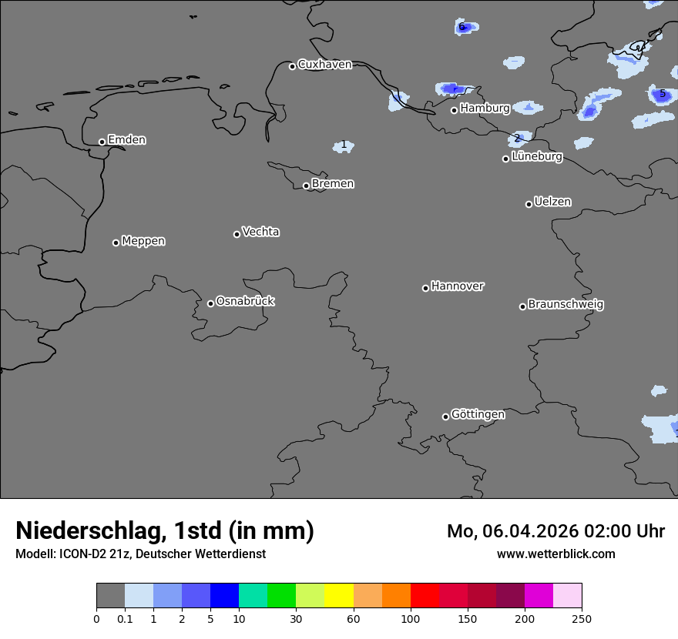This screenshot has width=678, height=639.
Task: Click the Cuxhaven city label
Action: point(324,65)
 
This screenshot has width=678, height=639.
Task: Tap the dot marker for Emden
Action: point(102,142)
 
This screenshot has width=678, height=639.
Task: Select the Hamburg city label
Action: point(485,109)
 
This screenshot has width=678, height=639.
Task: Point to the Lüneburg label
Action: point(537,157)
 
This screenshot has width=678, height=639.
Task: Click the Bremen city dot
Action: point(306,186)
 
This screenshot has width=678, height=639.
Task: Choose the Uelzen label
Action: point(552,202)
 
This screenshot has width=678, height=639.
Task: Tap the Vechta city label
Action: point(260,232)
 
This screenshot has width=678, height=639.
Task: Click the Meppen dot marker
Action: point(116,243)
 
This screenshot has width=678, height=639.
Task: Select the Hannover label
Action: point(457,286)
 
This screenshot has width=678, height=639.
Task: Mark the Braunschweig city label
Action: point(566,305)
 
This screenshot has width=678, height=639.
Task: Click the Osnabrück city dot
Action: point(210,303)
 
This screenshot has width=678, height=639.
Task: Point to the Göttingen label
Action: point(478,415)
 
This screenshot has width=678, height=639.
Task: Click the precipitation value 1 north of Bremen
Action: point(344,145)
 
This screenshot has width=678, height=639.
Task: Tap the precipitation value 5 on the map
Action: point(662,94)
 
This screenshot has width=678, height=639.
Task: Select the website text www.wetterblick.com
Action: point(555,554)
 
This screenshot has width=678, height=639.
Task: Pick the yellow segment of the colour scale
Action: point(339,596)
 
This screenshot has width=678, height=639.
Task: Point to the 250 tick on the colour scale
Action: point(582,619)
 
